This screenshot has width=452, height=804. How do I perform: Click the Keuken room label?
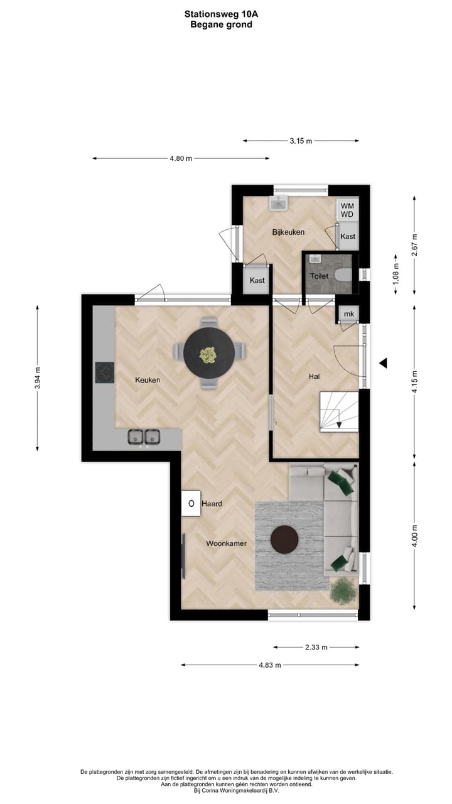pos(148,380)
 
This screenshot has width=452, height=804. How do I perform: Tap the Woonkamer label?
pos(226,543)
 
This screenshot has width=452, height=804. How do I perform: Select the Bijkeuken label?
pos(288,232)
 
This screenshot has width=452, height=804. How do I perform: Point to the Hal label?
pos(315,376)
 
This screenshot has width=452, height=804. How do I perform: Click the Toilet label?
pos(319,276)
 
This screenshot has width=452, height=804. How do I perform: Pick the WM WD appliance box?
pos(347,210)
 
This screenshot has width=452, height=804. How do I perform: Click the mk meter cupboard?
pos(348,314)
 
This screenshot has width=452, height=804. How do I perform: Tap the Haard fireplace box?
pos(191,503)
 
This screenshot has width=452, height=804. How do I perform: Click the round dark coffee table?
pos(284,539)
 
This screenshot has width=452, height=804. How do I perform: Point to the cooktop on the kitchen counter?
pos(104,372)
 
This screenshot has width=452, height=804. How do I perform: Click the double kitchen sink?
pos(143,437)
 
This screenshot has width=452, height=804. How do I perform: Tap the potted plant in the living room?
pos(343,590)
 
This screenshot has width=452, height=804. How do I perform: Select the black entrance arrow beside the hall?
pos(382,363)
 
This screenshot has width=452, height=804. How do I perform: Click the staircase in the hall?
pos(338,412)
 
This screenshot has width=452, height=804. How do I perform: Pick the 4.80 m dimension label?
pos(181,158)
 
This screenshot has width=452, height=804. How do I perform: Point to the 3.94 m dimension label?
pos(37,378)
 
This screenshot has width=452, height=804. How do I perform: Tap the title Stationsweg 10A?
pos(221,13)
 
